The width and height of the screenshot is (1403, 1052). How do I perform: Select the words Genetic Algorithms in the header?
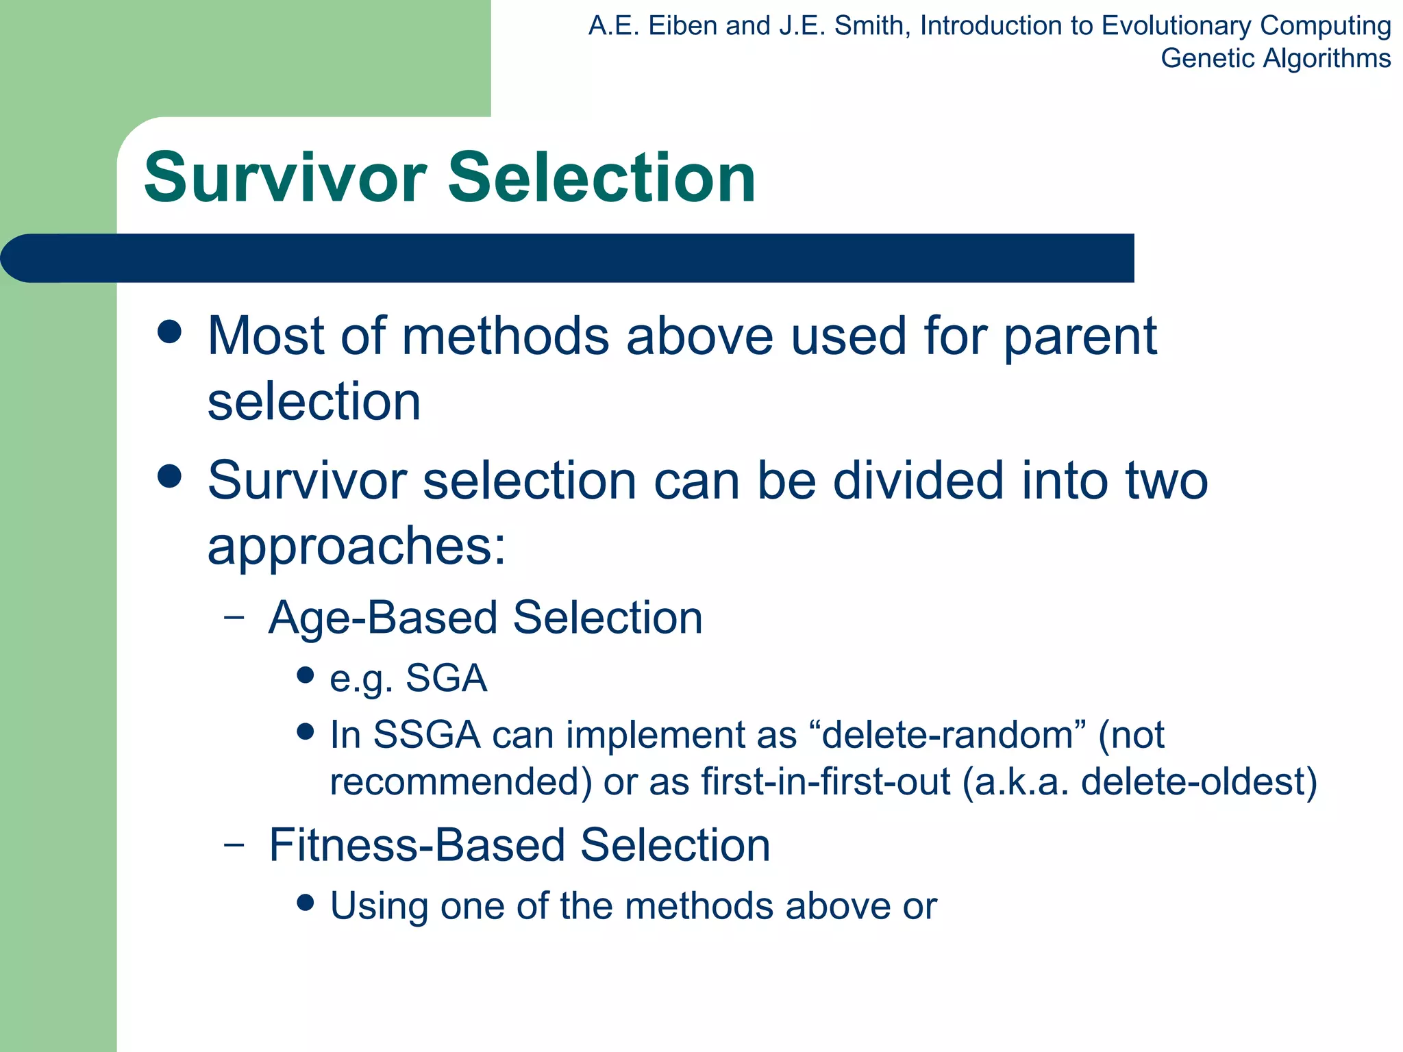1276,58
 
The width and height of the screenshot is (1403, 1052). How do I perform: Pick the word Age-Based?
383,618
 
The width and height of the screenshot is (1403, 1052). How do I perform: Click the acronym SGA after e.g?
446,679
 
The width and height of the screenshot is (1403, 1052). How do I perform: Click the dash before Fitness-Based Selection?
234,844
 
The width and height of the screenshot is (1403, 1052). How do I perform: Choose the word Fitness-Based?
417,845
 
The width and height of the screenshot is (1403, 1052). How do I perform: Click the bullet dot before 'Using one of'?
306,903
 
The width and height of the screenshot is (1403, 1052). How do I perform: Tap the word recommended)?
461,781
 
